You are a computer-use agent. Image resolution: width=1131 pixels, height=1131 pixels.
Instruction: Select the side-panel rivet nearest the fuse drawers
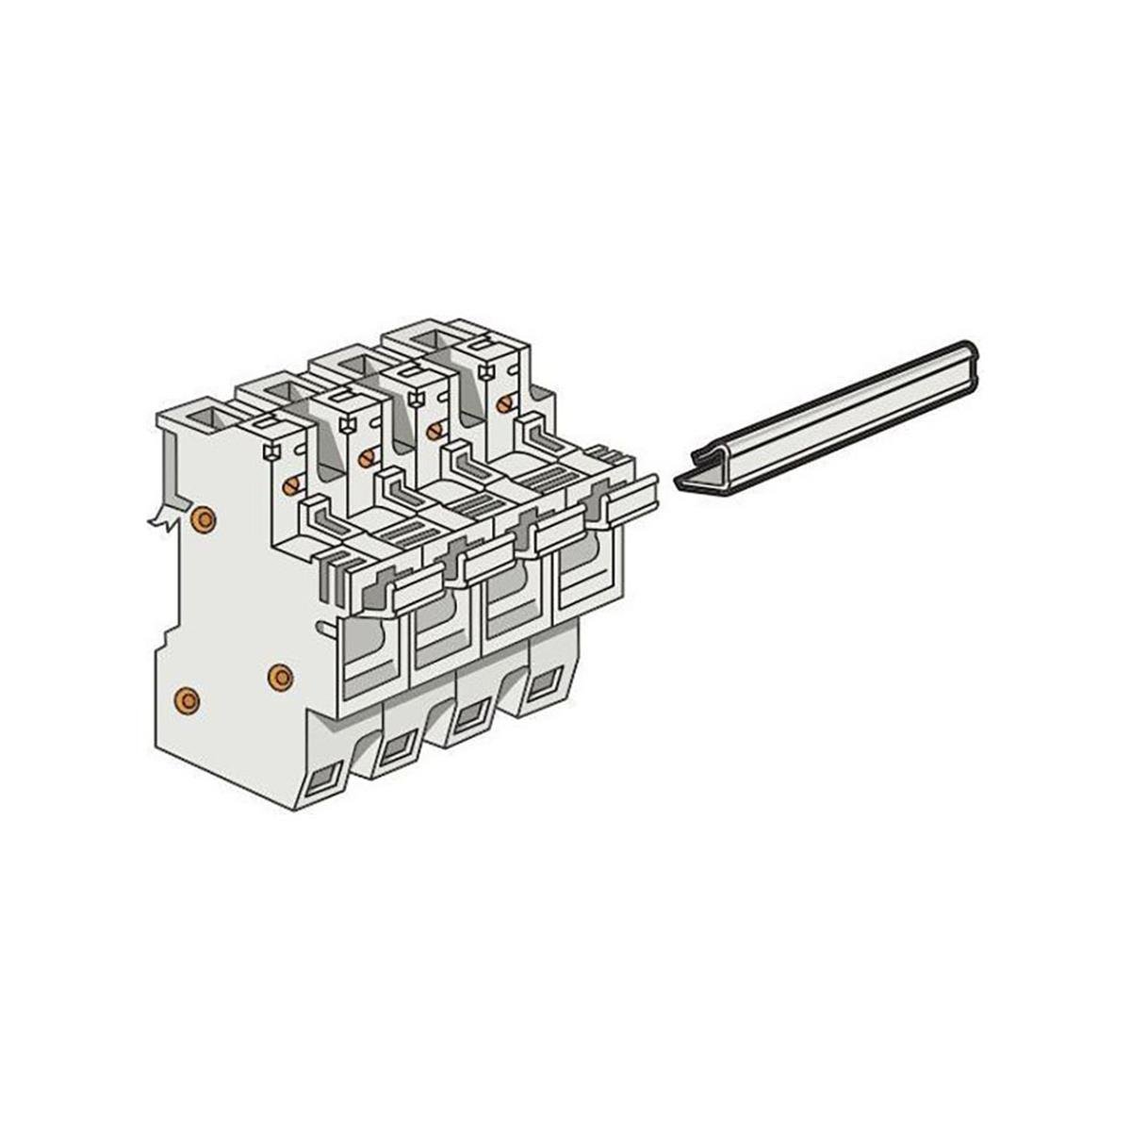[279, 675]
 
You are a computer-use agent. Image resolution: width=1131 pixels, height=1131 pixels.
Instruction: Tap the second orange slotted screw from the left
[364, 459]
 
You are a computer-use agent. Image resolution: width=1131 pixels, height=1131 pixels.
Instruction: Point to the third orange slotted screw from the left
[434, 431]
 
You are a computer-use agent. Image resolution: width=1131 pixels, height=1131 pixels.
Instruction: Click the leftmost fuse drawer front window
[372, 650]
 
